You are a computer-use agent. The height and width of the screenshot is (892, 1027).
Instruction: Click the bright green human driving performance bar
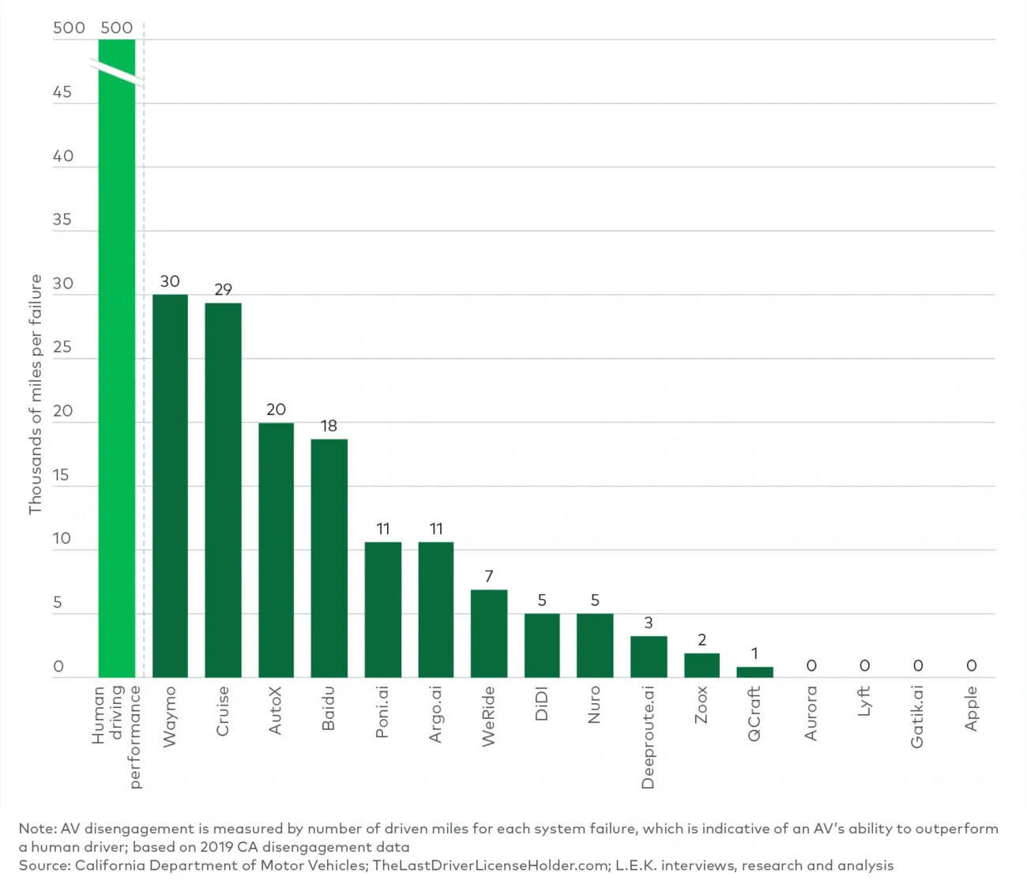point(117,379)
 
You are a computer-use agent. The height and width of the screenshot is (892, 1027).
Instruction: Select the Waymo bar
point(170,486)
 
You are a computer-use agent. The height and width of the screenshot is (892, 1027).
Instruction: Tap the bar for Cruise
point(223,490)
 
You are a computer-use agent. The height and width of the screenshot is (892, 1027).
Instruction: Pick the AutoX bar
point(276,550)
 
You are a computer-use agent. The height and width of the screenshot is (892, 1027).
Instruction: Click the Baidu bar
point(329,558)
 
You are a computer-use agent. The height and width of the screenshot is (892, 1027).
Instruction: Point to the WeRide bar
point(489,634)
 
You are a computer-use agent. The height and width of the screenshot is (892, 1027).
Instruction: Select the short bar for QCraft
point(754,672)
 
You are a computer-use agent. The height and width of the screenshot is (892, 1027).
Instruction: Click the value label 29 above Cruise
point(224,289)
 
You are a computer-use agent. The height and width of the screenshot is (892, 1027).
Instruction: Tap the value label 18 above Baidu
point(329,426)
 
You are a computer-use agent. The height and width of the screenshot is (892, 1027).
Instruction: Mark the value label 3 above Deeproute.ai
point(649,623)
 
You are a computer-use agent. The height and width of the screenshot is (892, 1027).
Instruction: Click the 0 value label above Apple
point(972,666)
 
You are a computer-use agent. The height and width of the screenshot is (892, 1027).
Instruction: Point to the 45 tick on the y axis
point(62,92)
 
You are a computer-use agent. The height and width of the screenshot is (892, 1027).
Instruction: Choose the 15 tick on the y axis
point(62,475)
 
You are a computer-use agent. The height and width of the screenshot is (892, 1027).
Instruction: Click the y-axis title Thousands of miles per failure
point(35,394)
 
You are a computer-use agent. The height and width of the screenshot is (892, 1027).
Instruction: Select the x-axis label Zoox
point(702,705)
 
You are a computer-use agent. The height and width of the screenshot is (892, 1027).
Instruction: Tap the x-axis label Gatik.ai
point(917,717)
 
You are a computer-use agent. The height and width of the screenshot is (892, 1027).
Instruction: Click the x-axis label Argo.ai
point(436,714)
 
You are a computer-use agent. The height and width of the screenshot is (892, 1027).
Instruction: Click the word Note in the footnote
point(37,828)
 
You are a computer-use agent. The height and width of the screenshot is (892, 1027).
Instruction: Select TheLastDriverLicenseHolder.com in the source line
point(491,865)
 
